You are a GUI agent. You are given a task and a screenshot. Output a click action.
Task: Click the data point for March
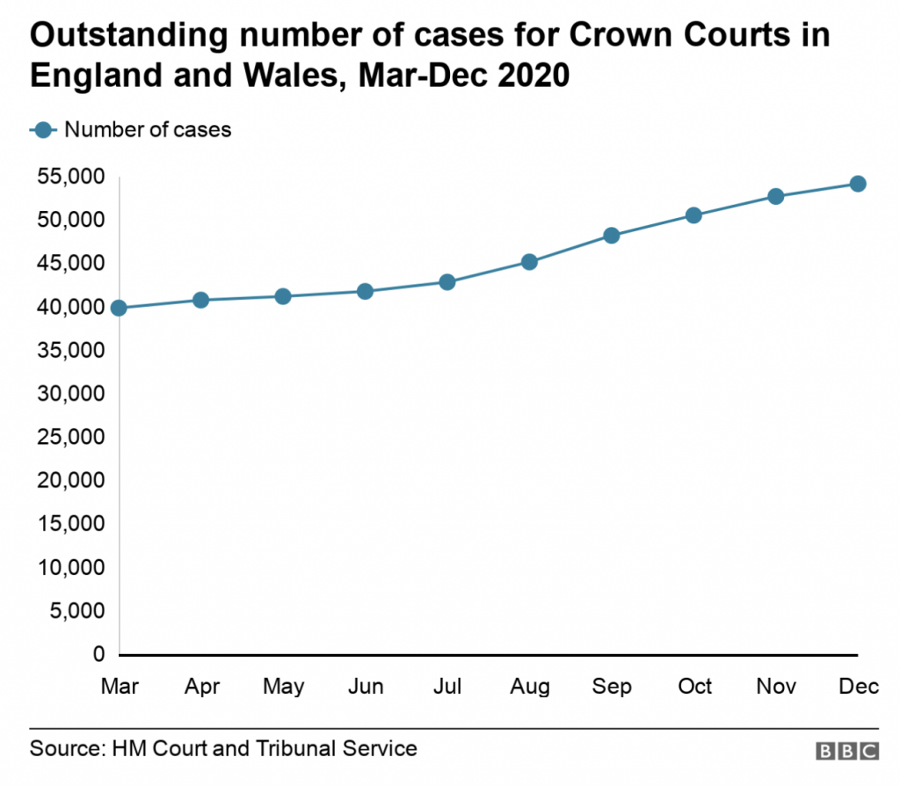(x=119, y=308)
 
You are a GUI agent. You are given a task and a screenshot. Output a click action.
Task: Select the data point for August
(x=529, y=261)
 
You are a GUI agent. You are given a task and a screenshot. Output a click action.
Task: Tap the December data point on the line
(x=858, y=183)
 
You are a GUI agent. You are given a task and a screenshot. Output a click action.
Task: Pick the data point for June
(x=365, y=291)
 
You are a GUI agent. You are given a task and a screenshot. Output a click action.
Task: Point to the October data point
(x=693, y=215)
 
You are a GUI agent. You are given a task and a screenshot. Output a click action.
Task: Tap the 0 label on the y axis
(x=98, y=654)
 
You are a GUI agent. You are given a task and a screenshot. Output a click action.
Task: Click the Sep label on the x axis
(x=612, y=687)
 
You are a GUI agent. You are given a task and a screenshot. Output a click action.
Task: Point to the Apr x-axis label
(x=201, y=687)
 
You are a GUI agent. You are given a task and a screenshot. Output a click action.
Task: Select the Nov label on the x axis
(x=776, y=687)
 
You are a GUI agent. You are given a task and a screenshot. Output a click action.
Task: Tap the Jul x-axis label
(x=447, y=687)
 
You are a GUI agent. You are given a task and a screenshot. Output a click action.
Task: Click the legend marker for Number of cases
(x=45, y=130)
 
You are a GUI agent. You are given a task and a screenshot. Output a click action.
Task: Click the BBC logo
(x=847, y=751)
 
